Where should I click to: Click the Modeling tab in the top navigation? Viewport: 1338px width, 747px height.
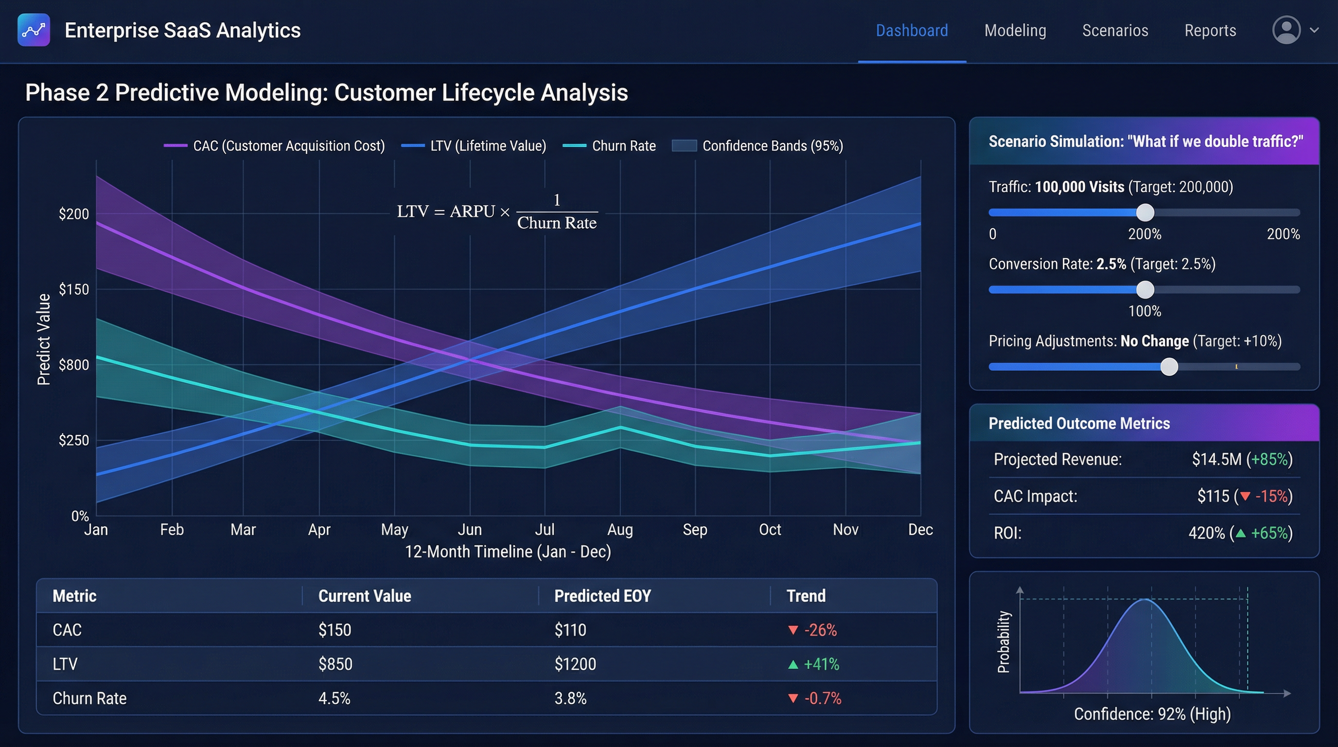(1015, 31)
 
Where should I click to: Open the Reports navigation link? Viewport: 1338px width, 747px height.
(1210, 31)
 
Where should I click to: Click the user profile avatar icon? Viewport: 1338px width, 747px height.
(1286, 30)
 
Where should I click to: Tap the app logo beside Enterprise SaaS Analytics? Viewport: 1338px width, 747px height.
(34, 30)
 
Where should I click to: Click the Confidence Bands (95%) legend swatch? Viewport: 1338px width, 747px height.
(684, 146)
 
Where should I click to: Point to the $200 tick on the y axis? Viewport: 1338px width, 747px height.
(74, 213)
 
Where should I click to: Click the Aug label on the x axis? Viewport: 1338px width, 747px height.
(620, 529)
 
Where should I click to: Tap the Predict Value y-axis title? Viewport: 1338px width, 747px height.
(44, 339)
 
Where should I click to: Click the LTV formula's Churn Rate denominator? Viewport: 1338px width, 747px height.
(557, 223)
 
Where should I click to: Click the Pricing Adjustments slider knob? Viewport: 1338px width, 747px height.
(1169, 367)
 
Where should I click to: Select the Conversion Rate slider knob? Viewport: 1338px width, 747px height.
(1145, 290)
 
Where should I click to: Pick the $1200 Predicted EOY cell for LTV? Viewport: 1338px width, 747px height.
(575, 664)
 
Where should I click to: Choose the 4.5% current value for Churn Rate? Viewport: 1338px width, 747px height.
(334, 698)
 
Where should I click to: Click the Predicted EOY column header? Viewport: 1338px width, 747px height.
(602, 596)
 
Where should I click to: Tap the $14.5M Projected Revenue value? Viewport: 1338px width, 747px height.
(1216, 459)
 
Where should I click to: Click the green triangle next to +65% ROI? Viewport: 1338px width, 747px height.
(1240, 533)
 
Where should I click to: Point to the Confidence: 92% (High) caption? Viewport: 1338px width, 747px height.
(1152, 714)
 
